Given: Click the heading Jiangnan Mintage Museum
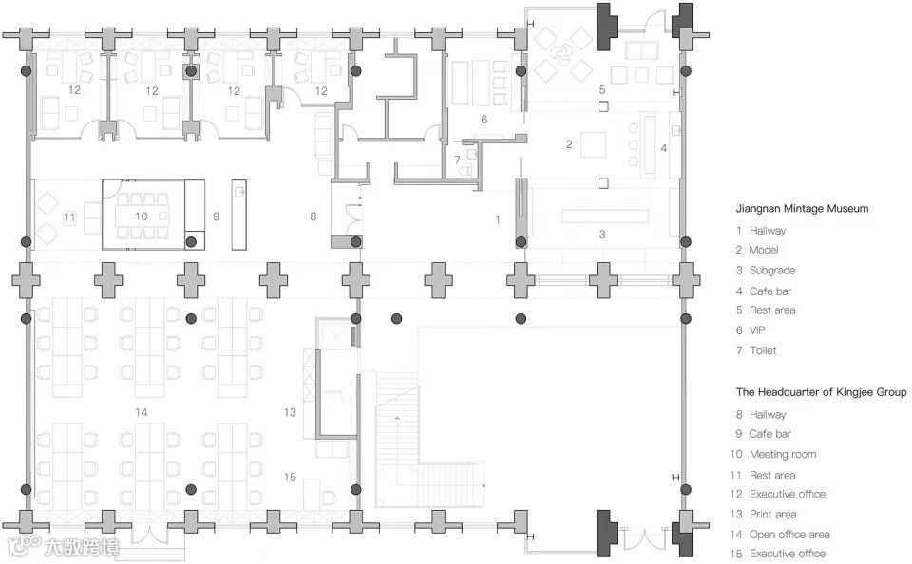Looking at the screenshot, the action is pyautogui.click(x=802, y=209).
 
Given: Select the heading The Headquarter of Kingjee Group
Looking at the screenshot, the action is pyautogui.click(x=821, y=392).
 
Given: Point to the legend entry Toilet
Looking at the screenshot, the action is pyautogui.click(x=763, y=350).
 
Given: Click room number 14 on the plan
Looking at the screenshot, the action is pyautogui.click(x=142, y=412).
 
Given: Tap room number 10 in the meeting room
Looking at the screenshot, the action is pyautogui.click(x=141, y=216).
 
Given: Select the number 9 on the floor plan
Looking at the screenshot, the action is pyautogui.click(x=216, y=216).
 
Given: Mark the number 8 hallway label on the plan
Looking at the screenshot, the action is pyautogui.click(x=313, y=216).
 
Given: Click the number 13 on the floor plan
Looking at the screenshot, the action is pyautogui.click(x=291, y=412).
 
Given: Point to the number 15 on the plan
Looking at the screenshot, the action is pyautogui.click(x=291, y=477).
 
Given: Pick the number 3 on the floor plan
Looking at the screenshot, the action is pyautogui.click(x=601, y=233).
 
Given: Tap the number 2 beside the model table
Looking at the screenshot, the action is pyautogui.click(x=569, y=144).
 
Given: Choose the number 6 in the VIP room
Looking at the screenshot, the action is pyautogui.click(x=484, y=120).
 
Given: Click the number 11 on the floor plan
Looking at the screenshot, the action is pyautogui.click(x=69, y=217).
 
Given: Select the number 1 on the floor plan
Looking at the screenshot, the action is pyautogui.click(x=498, y=219).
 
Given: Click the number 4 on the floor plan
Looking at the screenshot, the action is pyautogui.click(x=664, y=148).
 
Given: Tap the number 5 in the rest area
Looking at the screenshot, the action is pyautogui.click(x=601, y=88).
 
